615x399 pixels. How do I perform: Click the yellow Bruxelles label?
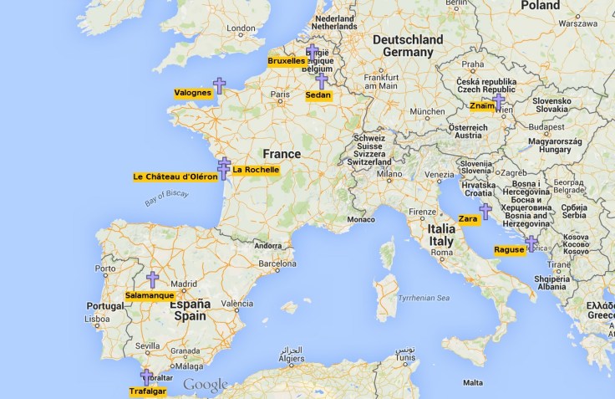(x=287, y=61)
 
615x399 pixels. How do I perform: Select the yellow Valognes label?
(x=192, y=93)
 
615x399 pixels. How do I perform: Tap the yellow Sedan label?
(x=318, y=95)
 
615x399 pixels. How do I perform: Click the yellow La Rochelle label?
(x=256, y=170)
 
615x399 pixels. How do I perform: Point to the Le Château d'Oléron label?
(x=175, y=176)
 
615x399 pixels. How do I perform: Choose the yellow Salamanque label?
(x=150, y=295)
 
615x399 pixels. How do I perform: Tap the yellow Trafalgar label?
(x=147, y=391)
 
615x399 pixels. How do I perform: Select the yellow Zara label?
(x=469, y=219)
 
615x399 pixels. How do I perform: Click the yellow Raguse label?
(x=509, y=249)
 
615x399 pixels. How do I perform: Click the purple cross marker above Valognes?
(x=219, y=84)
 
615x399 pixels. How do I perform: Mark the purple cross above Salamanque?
(x=152, y=279)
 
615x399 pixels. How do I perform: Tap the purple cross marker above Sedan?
(x=321, y=81)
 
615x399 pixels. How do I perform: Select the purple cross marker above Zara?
(x=485, y=211)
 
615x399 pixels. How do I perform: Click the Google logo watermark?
(x=206, y=385)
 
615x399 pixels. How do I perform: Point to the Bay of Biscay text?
(x=166, y=197)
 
